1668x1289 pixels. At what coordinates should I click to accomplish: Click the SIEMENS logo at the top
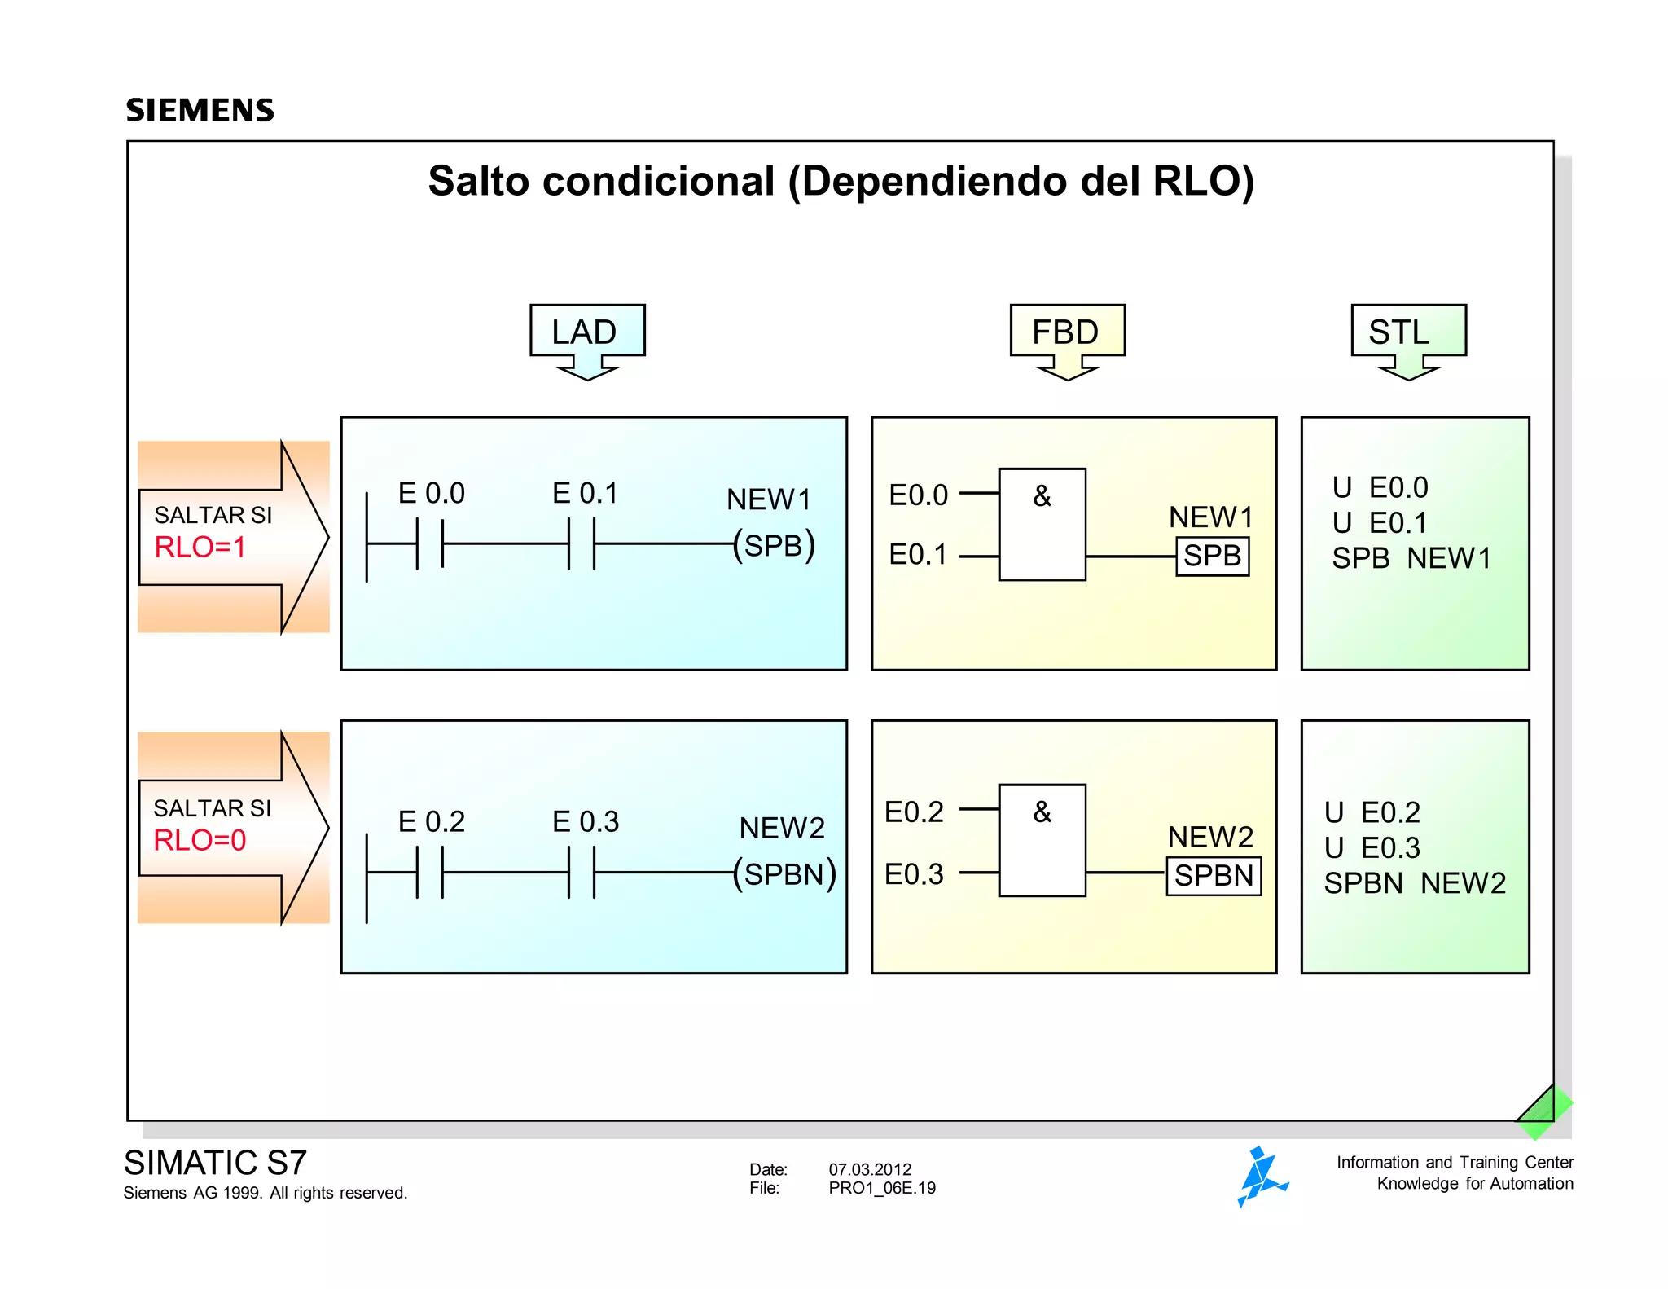click(x=200, y=110)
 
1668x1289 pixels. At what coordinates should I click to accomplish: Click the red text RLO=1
click(x=200, y=547)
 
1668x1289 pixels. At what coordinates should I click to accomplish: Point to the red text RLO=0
click(x=200, y=840)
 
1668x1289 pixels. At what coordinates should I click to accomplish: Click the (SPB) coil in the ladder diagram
click(x=774, y=546)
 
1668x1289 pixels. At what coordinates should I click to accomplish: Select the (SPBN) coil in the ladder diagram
click(x=784, y=874)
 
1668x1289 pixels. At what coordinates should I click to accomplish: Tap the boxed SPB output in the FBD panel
click(x=1212, y=557)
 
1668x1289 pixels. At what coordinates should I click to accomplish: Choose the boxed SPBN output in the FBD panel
click(x=1214, y=876)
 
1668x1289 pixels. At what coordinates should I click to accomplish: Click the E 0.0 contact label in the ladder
click(x=431, y=493)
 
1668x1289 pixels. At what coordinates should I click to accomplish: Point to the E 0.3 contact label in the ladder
click(x=585, y=821)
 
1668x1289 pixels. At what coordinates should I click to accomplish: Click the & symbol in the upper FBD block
click(x=1042, y=495)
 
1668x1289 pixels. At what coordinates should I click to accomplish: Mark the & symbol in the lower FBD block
click(x=1042, y=812)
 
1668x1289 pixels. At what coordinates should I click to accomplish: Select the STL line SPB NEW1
click(x=1411, y=558)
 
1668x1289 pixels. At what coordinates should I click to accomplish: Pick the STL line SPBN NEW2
click(x=1415, y=883)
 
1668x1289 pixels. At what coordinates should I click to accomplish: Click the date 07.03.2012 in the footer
click(x=870, y=1169)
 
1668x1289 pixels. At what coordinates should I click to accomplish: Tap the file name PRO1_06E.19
click(x=882, y=1188)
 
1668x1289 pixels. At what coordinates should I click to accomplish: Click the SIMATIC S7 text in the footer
click(x=215, y=1163)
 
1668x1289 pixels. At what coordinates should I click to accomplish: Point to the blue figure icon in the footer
click(x=1261, y=1177)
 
